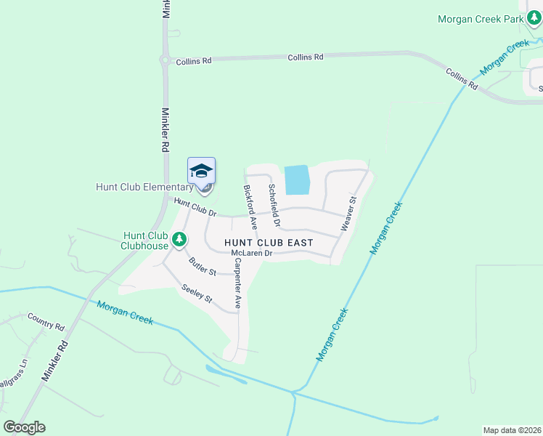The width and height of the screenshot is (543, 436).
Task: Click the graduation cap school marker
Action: (202, 171)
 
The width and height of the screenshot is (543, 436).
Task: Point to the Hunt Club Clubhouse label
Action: (145, 240)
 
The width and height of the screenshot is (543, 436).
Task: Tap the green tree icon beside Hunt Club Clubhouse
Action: (179, 238)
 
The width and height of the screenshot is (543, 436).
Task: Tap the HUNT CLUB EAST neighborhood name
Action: (269, 242)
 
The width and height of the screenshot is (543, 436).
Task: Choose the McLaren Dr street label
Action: (251, 254)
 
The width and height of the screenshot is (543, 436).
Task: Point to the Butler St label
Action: (203, 267)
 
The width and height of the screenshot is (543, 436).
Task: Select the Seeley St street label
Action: (197, 294)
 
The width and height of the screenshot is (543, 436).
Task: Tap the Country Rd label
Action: (46, 318)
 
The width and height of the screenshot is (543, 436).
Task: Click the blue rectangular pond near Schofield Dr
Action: (296, 179)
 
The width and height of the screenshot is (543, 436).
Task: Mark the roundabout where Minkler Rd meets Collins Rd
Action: (166, 61)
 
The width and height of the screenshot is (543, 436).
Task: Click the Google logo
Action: (24, 427)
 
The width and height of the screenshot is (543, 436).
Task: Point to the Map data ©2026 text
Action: (512, 430)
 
